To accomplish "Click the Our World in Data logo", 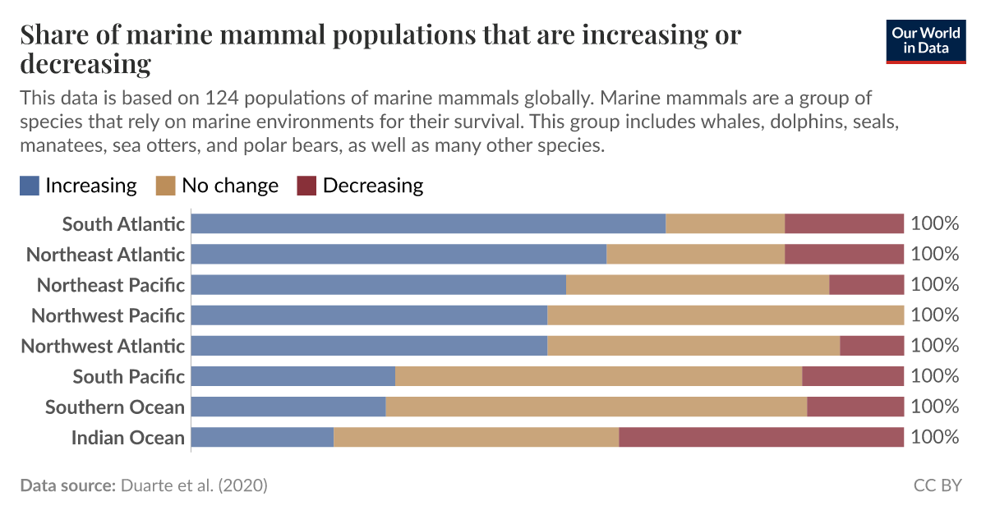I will tap(926, 41).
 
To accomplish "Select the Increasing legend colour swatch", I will tap(30, 186).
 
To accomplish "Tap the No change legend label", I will tap(229, 186).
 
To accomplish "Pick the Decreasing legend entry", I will tap(372, 186).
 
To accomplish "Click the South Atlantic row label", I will tap(123, 223).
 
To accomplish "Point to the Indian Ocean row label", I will tap(127, 437).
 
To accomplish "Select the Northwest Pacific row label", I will tap(108, 315).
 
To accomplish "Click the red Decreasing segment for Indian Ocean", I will tap(761, 437).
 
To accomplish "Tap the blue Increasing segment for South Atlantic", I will tap(428, 223).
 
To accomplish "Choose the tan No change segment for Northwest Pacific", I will tap(726, 315).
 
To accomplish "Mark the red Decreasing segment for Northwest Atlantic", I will tap(872, 346).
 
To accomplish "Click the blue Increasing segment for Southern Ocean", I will tap(288, 407).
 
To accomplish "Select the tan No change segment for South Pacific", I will tap(598, 376).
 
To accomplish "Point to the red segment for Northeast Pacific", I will tap(866, 284).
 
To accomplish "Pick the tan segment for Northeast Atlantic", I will tap(695, 254).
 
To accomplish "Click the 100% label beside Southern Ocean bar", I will tap(935, 407).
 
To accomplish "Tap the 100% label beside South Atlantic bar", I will tap(935, 223).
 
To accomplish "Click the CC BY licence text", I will tap(937, 485).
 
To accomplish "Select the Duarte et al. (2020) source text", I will tap(194, 485).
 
